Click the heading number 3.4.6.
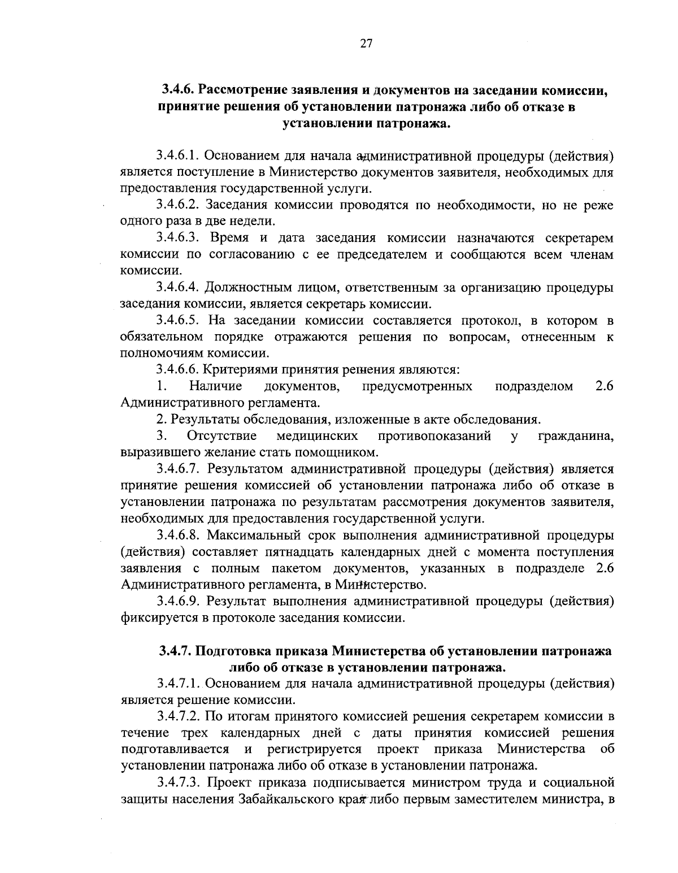178,89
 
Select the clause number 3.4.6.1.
177,154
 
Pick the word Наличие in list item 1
216,387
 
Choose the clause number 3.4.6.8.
177,535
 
